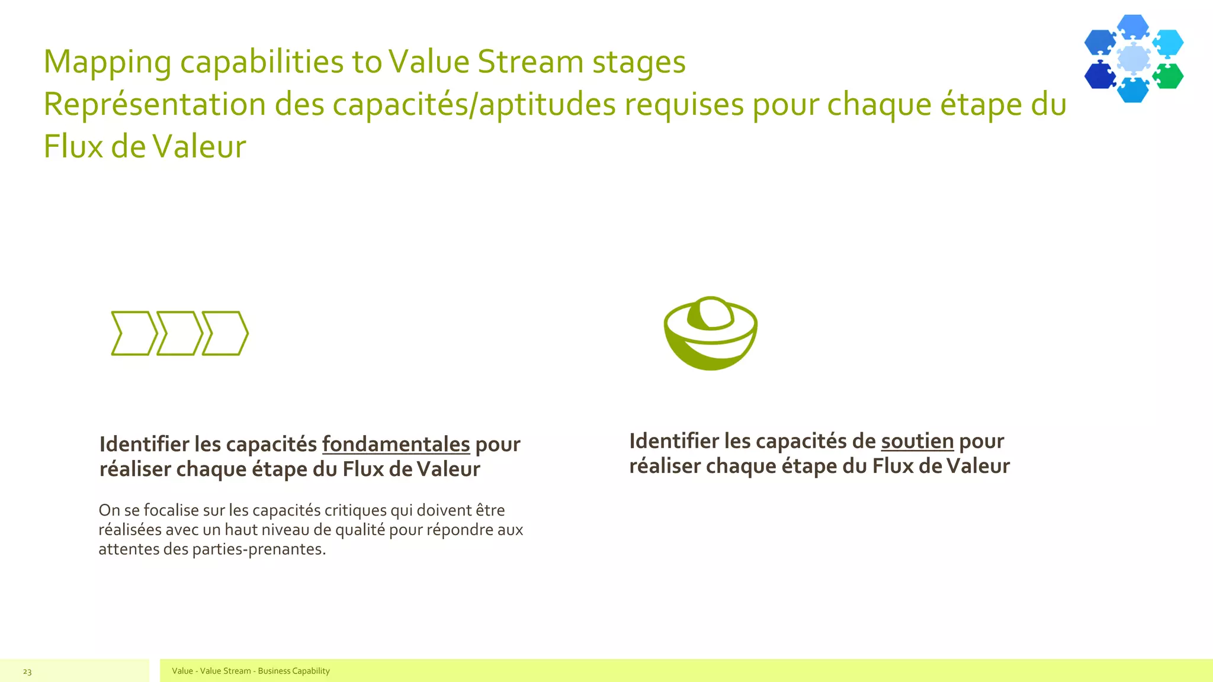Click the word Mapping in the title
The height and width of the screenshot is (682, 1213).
107,63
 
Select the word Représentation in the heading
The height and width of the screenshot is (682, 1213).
154,105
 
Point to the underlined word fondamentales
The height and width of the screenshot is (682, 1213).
396,445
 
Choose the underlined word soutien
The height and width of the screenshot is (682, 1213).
917,442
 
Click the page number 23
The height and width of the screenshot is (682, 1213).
27,671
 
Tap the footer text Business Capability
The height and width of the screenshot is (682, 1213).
294,671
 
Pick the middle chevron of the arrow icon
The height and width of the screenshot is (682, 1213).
179,333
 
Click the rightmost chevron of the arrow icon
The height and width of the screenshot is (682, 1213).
225,333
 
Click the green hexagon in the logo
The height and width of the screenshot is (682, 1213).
1168,76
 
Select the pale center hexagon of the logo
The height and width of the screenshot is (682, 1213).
1133,59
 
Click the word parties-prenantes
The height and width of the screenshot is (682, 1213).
258,549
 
